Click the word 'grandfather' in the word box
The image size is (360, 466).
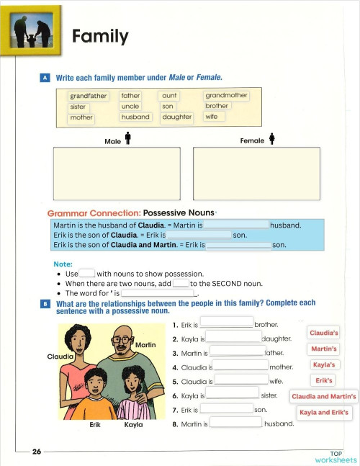point(89,96)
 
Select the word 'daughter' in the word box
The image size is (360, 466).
point(176,117)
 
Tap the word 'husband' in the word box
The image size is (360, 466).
point(135,117)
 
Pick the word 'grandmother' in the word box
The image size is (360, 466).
point(226,95)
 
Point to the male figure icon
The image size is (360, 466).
point(127,138)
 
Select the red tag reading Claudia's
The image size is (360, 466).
point(323,333)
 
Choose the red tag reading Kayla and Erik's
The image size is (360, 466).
point(324,413)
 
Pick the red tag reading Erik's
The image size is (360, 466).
point(325,380)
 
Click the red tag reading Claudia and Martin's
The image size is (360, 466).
point(324,397)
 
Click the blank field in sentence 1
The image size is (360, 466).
point(226,323)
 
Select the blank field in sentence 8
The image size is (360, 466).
point(235,423)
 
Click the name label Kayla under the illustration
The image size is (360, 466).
point(133,425)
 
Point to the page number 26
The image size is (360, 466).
point(37,452)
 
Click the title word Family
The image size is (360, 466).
point(100,36)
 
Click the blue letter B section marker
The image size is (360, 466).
point(45,305)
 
